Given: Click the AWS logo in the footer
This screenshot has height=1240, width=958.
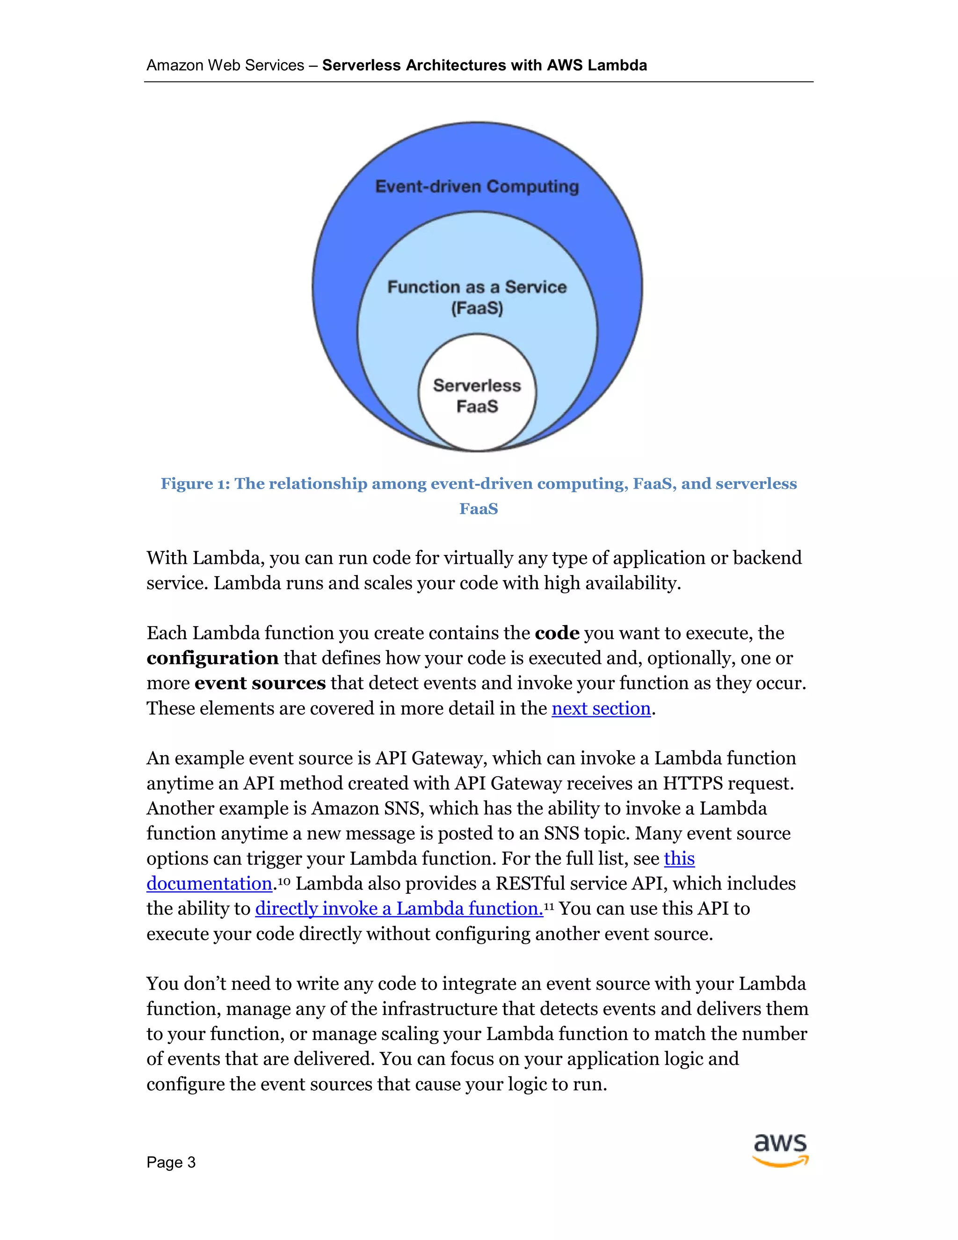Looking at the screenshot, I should pyautogui.click(x=780, y=1150).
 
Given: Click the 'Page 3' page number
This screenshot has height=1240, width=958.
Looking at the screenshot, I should pyautogui.click(x=171, y=1162).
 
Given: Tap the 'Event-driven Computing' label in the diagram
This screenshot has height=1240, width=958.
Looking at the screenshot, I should pyautogui.click(x=477, y=186).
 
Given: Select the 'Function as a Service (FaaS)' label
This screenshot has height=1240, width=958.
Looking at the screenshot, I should pyautogui.click(x=477, y=297).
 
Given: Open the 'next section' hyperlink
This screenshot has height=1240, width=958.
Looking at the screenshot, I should pyautogui.click(x=601, y=708).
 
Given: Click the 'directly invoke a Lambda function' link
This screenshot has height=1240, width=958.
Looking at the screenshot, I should pyautogui.click(x=399, y=908).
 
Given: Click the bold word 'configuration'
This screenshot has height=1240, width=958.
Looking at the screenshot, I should pyautogui.click(x=212, y=658).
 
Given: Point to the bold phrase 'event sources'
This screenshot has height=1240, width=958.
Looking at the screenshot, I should pyautogui.click(x=260, y=683).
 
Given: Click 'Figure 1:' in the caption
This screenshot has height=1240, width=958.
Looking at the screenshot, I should pyautogui.click(x=195, y=484).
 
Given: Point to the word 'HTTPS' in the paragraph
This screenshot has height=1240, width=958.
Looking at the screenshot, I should pyautogui.click(x=692, y=783).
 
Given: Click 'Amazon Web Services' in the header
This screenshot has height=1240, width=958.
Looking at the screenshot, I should pyautogui.click(x=225, y=66).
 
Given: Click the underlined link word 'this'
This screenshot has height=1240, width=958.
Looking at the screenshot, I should pyautogui.click(x=679, y=859).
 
